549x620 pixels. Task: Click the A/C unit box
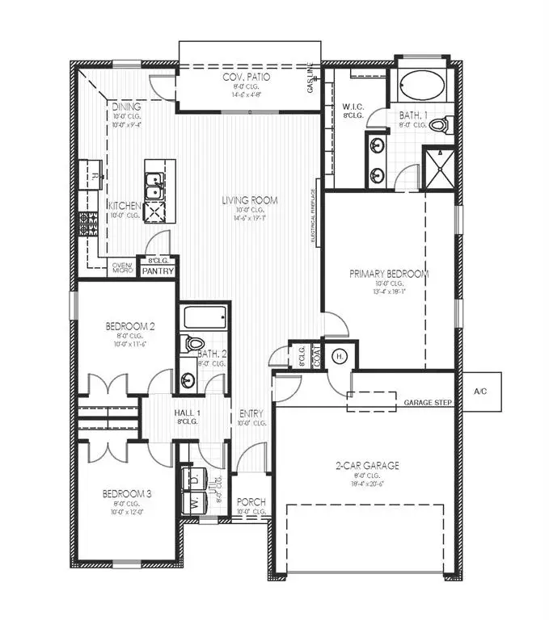479,391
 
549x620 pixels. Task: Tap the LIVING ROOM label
251,200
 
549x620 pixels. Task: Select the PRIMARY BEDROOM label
389,274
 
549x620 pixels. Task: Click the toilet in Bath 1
439,125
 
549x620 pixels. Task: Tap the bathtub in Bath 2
205,317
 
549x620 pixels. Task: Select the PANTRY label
157,271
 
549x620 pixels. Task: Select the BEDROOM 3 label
127,493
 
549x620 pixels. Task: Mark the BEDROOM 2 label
129,326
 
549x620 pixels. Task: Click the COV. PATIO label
246,77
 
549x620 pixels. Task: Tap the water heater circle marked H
340,356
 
